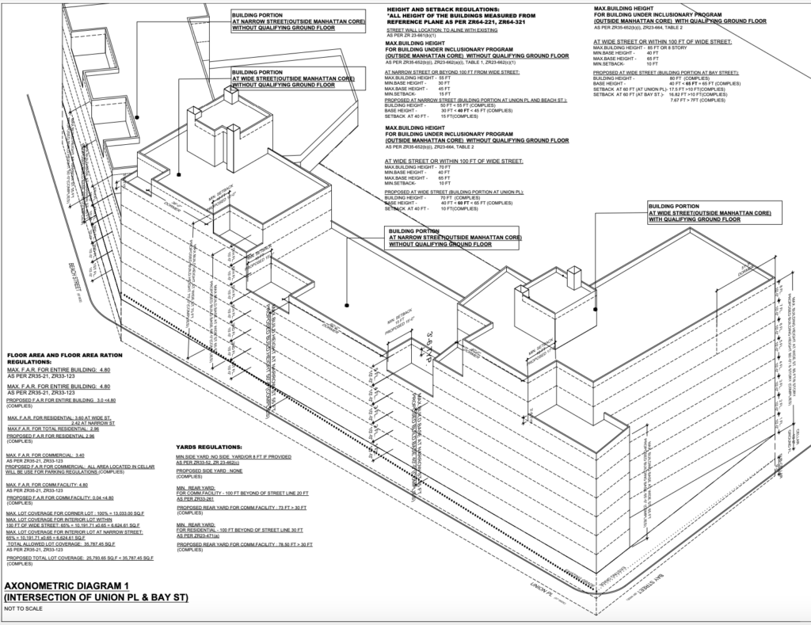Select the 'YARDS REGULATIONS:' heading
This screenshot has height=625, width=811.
(x=211, y=447)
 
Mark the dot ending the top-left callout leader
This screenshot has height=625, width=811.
(x=138, y=116)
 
